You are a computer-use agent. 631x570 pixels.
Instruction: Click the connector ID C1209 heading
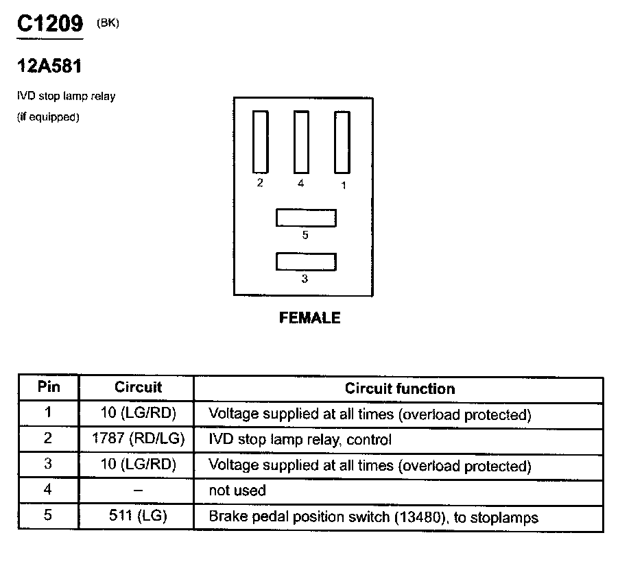tap(49, 24)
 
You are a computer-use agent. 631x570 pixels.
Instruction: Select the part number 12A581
tap(49, 67)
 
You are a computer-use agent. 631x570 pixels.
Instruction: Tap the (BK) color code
tap(108, 24)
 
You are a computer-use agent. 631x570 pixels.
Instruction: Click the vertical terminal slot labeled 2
tap(260, 141)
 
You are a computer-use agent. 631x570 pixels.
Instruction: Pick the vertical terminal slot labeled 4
tap(301, 141)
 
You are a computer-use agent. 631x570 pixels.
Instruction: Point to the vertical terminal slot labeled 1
tap(342, 141)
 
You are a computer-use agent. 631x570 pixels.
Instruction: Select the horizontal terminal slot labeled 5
tap(306, 217)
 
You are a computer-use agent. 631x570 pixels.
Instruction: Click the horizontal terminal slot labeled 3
tap(306, 261)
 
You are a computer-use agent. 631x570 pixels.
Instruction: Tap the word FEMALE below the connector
tap(309, 318)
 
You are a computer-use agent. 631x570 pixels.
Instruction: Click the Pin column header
tap(48, 387)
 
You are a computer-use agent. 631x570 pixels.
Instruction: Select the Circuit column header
tap(138, 387)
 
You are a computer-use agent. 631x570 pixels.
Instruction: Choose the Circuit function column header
tap(399, 388)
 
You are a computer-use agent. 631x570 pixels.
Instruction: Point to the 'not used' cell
tap(237, 491)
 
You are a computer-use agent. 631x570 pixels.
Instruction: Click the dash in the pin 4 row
tap(138, 491)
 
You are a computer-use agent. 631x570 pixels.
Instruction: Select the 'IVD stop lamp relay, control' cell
tap(300, 440)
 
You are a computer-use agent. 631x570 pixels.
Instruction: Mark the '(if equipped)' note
tap(48, 117)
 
